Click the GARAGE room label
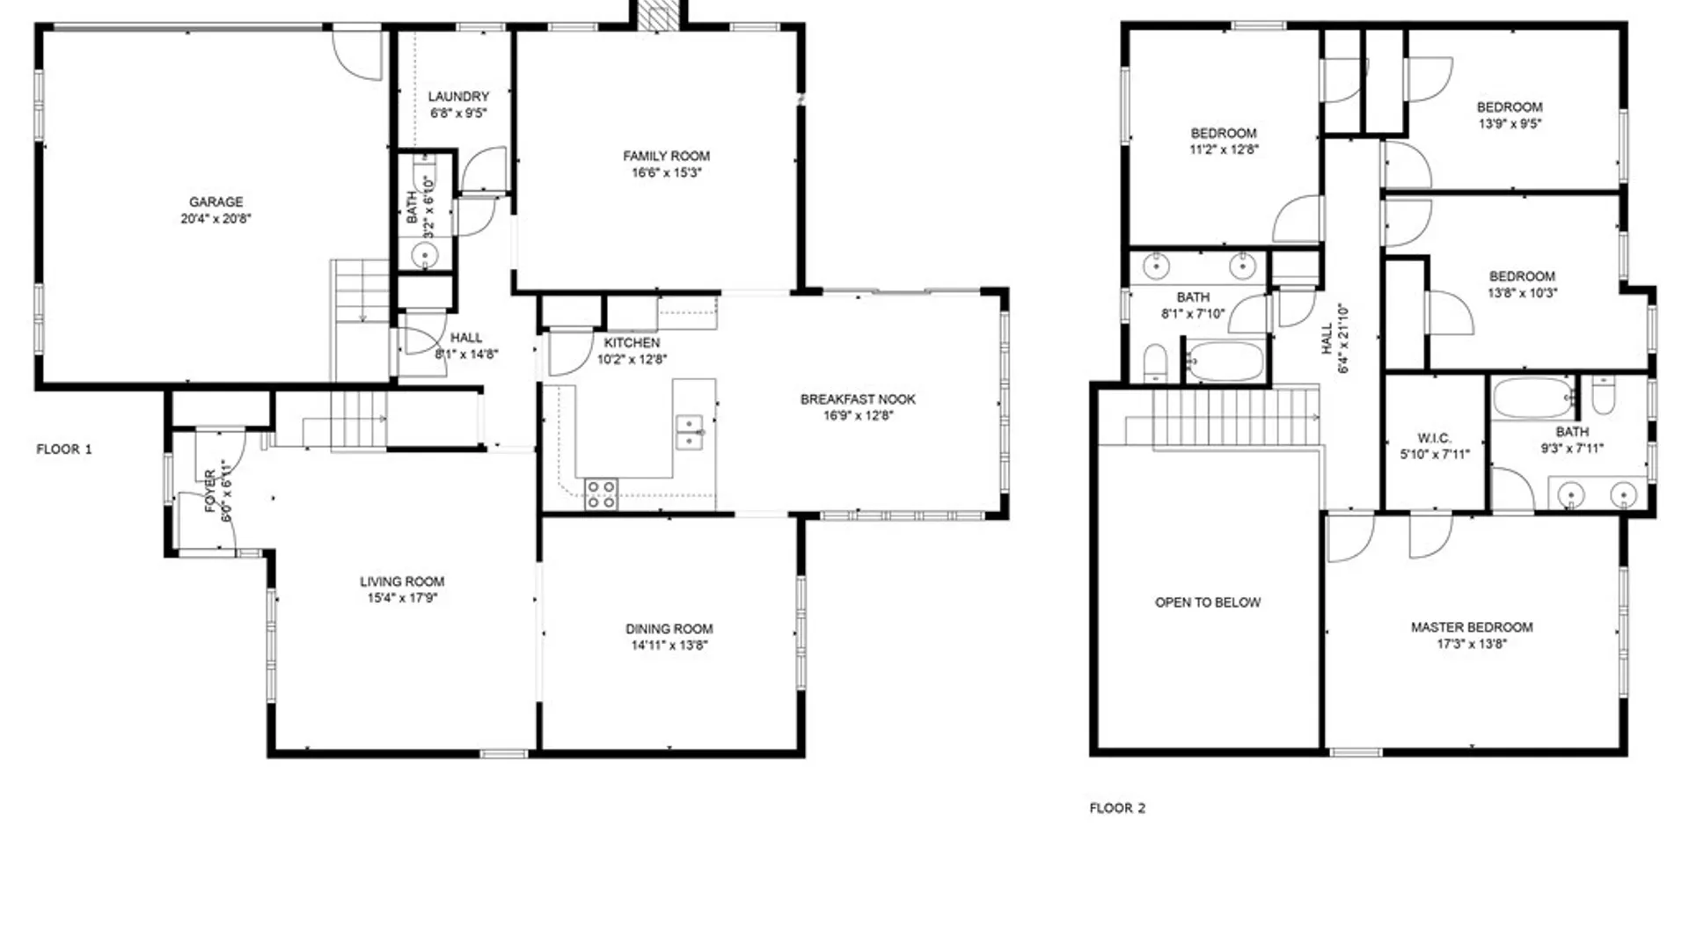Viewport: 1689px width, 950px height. tap(216, 202)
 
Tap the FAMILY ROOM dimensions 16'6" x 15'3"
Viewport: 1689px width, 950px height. tap(666, 173)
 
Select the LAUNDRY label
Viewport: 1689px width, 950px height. tap(458, 97)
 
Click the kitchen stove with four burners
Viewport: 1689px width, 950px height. tap(601, 493)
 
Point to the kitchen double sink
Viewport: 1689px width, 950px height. tap(689, 432)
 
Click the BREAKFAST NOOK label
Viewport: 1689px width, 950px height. tap(858, 399)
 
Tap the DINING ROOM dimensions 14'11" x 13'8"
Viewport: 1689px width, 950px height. tap(669, 646)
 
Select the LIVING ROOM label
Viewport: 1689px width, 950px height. tap(402, 581)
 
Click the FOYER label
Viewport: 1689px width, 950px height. tap(210, 491)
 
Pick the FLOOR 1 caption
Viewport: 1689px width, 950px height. tap(64, 449)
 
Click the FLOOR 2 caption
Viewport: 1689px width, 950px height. tap(1117, 808)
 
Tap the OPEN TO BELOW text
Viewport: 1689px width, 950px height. tap(1208, 603)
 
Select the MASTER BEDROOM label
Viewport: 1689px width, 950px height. tap(1472, 627)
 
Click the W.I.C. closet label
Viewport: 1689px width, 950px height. tap(1435, 438)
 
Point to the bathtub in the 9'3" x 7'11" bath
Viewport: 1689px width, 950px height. tap(1534, 398)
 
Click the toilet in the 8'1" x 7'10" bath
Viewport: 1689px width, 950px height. tap(1155, 363)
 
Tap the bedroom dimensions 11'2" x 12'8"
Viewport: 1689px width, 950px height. tap(1224, 150)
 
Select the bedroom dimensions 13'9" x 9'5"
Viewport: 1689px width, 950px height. tap(1510, 124)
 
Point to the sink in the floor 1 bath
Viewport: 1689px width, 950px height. tap(425, 255)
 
